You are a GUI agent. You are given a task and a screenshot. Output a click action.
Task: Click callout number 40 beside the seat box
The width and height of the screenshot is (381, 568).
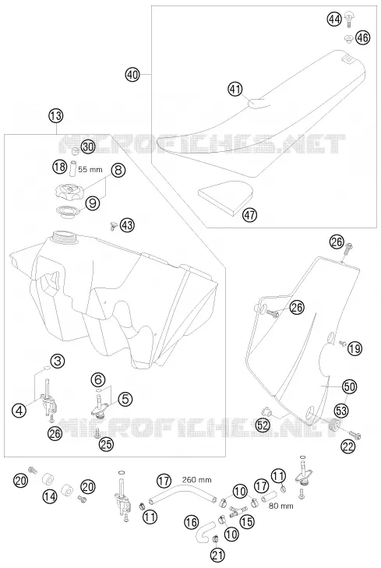(x=132, y=75)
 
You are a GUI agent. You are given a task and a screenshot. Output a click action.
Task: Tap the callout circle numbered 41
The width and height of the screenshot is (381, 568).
(x=235, y=89)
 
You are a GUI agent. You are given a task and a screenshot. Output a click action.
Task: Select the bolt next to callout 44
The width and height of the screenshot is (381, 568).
(x=349, y=19)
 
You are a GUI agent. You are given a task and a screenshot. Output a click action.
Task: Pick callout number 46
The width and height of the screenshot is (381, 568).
(x=362, y=37)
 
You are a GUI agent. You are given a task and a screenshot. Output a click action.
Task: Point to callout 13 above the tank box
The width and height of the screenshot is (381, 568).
(x=56, y=117)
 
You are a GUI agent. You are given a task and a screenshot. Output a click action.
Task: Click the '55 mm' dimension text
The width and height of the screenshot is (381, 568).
(x=90, y=170)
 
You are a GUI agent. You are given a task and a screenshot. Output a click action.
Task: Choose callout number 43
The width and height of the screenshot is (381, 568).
(x=127, y=225)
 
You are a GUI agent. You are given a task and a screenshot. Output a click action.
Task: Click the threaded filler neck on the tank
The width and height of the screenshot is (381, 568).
(x=63, y=238)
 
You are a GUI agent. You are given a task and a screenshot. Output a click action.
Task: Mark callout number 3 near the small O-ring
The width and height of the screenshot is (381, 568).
(x=57, y=361)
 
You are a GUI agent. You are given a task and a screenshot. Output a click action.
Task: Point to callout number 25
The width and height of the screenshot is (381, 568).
(x=107, y=444)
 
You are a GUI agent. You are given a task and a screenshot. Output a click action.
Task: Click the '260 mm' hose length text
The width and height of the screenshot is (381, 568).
(x=197, y=480)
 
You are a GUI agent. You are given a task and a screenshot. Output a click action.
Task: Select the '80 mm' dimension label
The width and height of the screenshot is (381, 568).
(x=281, y=506)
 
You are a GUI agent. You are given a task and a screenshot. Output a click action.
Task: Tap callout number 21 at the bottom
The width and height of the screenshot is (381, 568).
(x=217, y=555)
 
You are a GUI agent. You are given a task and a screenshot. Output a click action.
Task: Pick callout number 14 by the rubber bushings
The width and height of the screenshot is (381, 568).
(x=50, y=496)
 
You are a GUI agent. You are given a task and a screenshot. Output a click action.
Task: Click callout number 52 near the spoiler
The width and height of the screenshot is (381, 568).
(x=263, y=425)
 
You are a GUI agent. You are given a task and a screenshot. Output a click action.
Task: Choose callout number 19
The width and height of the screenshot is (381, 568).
(x=355, y=349)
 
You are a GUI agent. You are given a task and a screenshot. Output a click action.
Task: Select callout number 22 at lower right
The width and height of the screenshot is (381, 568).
(x=348, y=447)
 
